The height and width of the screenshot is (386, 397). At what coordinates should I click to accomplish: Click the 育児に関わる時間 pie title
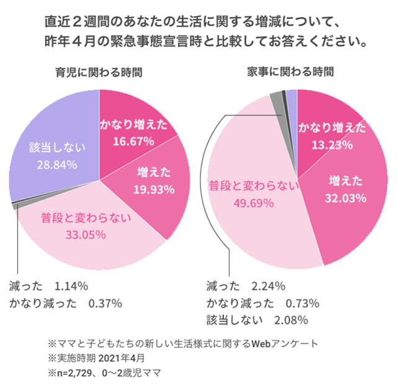[99, 71]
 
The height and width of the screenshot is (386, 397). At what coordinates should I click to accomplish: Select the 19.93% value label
[156, 188]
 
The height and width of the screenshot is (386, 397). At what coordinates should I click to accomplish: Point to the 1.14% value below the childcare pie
[71, 287]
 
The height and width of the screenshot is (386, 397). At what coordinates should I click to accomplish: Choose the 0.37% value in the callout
[105, 303]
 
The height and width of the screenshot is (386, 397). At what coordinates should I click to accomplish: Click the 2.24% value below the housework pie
[268, 287]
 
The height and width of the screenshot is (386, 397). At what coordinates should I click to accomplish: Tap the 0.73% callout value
[302, 303]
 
